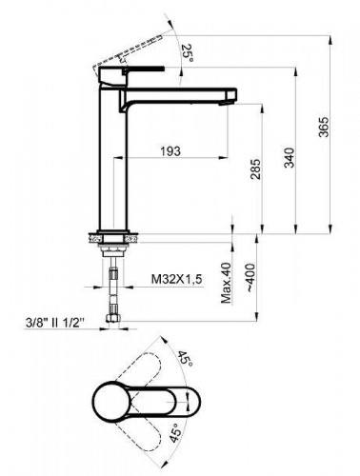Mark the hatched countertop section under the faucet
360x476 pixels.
[x=105, y=231]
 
